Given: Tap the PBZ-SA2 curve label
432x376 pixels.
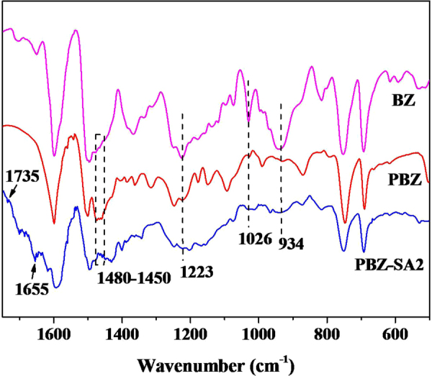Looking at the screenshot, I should [389, 265].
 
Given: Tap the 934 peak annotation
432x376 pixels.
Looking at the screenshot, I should [292, 244].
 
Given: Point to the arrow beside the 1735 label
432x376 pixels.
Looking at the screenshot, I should [9, 190].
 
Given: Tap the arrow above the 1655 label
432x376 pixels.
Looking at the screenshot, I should [33, 270].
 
